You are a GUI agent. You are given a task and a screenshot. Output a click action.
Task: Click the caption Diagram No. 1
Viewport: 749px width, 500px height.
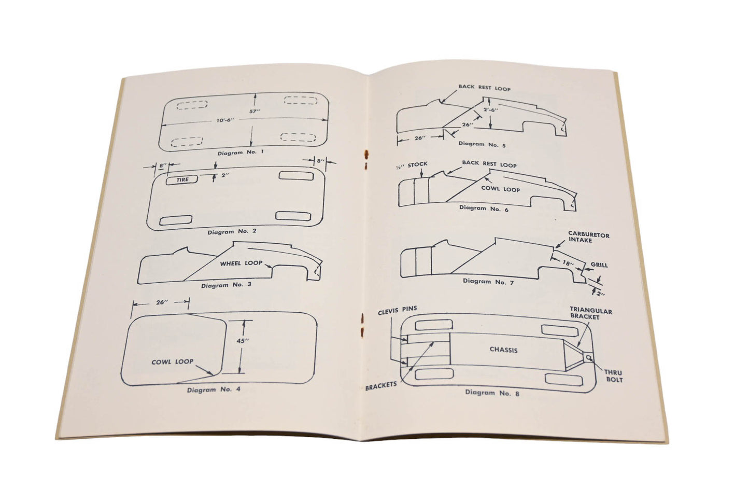241,152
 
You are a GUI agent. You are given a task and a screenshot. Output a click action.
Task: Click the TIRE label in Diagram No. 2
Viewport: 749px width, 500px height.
182,179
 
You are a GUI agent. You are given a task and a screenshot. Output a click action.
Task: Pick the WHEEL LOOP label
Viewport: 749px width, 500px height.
241,263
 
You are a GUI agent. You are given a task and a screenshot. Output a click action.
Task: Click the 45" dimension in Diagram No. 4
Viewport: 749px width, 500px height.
243,341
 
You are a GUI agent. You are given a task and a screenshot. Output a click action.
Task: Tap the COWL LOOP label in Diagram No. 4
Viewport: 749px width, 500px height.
172,362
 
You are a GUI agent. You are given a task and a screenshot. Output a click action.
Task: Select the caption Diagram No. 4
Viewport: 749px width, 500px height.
214,390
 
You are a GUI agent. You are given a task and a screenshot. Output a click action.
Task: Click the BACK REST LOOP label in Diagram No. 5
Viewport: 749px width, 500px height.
484,88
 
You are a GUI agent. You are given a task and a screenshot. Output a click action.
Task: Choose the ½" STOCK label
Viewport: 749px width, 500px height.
412,165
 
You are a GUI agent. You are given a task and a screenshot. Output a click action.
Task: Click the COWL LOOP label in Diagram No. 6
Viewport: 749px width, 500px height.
500,189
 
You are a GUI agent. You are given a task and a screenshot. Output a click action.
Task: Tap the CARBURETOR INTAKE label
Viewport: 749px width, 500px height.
588,238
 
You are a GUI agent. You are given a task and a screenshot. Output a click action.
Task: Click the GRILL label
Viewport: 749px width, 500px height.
599,265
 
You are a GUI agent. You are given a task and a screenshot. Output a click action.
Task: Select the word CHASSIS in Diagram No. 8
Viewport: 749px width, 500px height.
503,350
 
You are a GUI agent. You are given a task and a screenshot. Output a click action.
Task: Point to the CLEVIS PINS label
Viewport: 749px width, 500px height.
398,310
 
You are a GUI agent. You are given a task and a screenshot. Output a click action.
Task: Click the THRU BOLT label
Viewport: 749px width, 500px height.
614,376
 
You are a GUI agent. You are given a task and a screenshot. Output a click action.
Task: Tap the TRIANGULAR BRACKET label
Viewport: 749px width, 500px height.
591,313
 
